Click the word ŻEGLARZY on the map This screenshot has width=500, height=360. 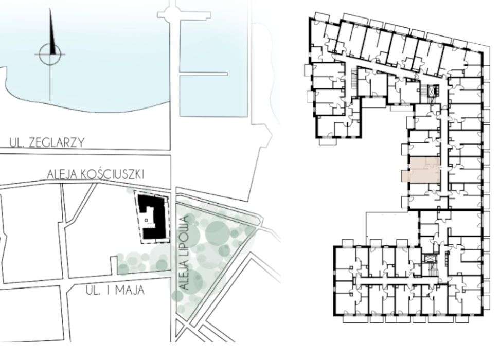tap(57, 142)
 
